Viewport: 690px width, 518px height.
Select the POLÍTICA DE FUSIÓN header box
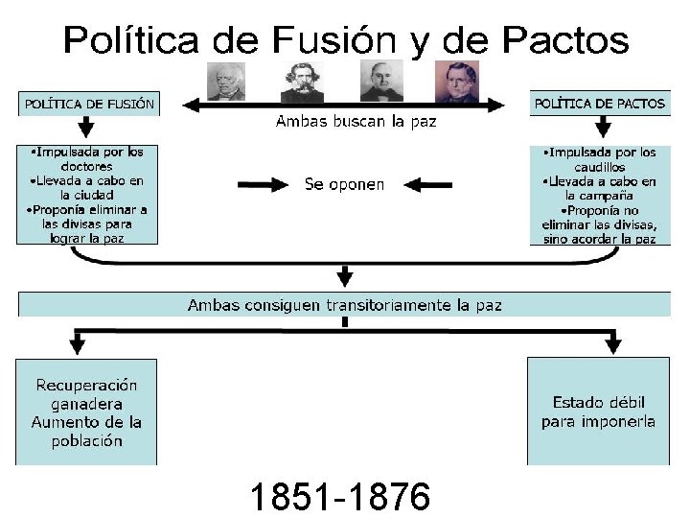[89, 104]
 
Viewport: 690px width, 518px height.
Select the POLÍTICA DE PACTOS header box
[600, 104]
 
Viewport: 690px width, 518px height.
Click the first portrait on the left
[226, 82]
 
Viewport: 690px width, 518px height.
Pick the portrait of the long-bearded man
[302, 82]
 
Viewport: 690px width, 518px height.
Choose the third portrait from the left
[381, 82]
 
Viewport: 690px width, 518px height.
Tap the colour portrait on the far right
[456, 82]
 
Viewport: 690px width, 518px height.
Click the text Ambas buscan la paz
[356, 122]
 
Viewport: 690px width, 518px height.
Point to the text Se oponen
[344, 184]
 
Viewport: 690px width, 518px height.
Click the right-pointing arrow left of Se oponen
[261, 184]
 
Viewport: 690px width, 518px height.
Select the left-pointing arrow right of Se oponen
[427, 184]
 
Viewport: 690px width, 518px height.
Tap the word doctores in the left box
[85, 165]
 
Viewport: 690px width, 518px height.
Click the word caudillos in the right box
[599, 166]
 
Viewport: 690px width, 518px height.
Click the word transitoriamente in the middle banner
[388, 305]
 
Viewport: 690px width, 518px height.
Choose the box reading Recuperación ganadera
[86, 412]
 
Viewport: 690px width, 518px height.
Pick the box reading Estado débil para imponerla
[599, 412]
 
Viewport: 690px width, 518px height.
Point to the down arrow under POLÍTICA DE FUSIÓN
[86, 128]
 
